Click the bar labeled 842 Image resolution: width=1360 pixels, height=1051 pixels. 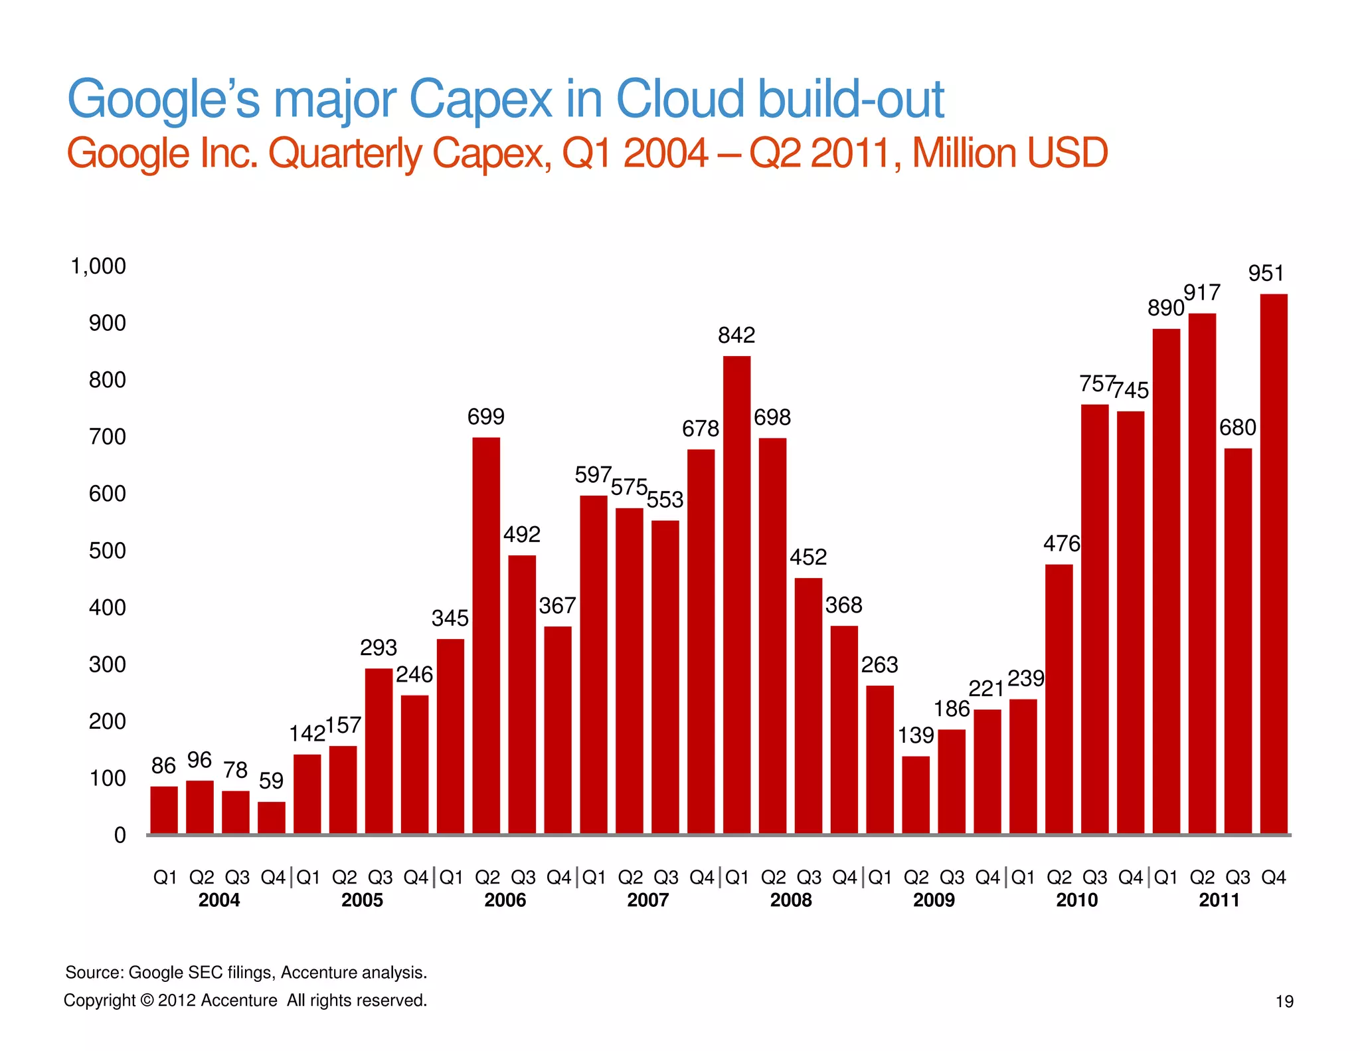pos(736,595)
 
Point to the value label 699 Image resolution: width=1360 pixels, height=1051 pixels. pos(485,417)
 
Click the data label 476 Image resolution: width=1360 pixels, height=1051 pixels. pos(1061,544)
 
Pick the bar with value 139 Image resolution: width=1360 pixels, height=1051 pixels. pos(916,795)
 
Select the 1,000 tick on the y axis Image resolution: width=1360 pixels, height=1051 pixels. pos(98,266)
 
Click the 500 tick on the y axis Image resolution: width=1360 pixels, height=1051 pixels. pos(107,551)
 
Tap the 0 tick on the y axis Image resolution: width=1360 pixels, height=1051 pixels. pos(120,835)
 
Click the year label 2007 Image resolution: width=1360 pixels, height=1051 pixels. pos(647,900)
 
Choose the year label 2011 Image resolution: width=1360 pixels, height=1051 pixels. pos(1219,900)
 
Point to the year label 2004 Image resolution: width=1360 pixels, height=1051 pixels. pos(218,900)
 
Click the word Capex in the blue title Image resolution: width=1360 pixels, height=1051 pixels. pos(479,100)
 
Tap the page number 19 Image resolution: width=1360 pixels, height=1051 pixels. pos(1284,1001)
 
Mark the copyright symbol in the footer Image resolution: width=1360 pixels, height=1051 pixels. pos(147,1001)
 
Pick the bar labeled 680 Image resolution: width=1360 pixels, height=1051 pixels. pos(1238,641)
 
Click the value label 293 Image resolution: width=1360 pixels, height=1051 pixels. pos(379,648)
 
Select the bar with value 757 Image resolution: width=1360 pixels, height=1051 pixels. pos(1094,619)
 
